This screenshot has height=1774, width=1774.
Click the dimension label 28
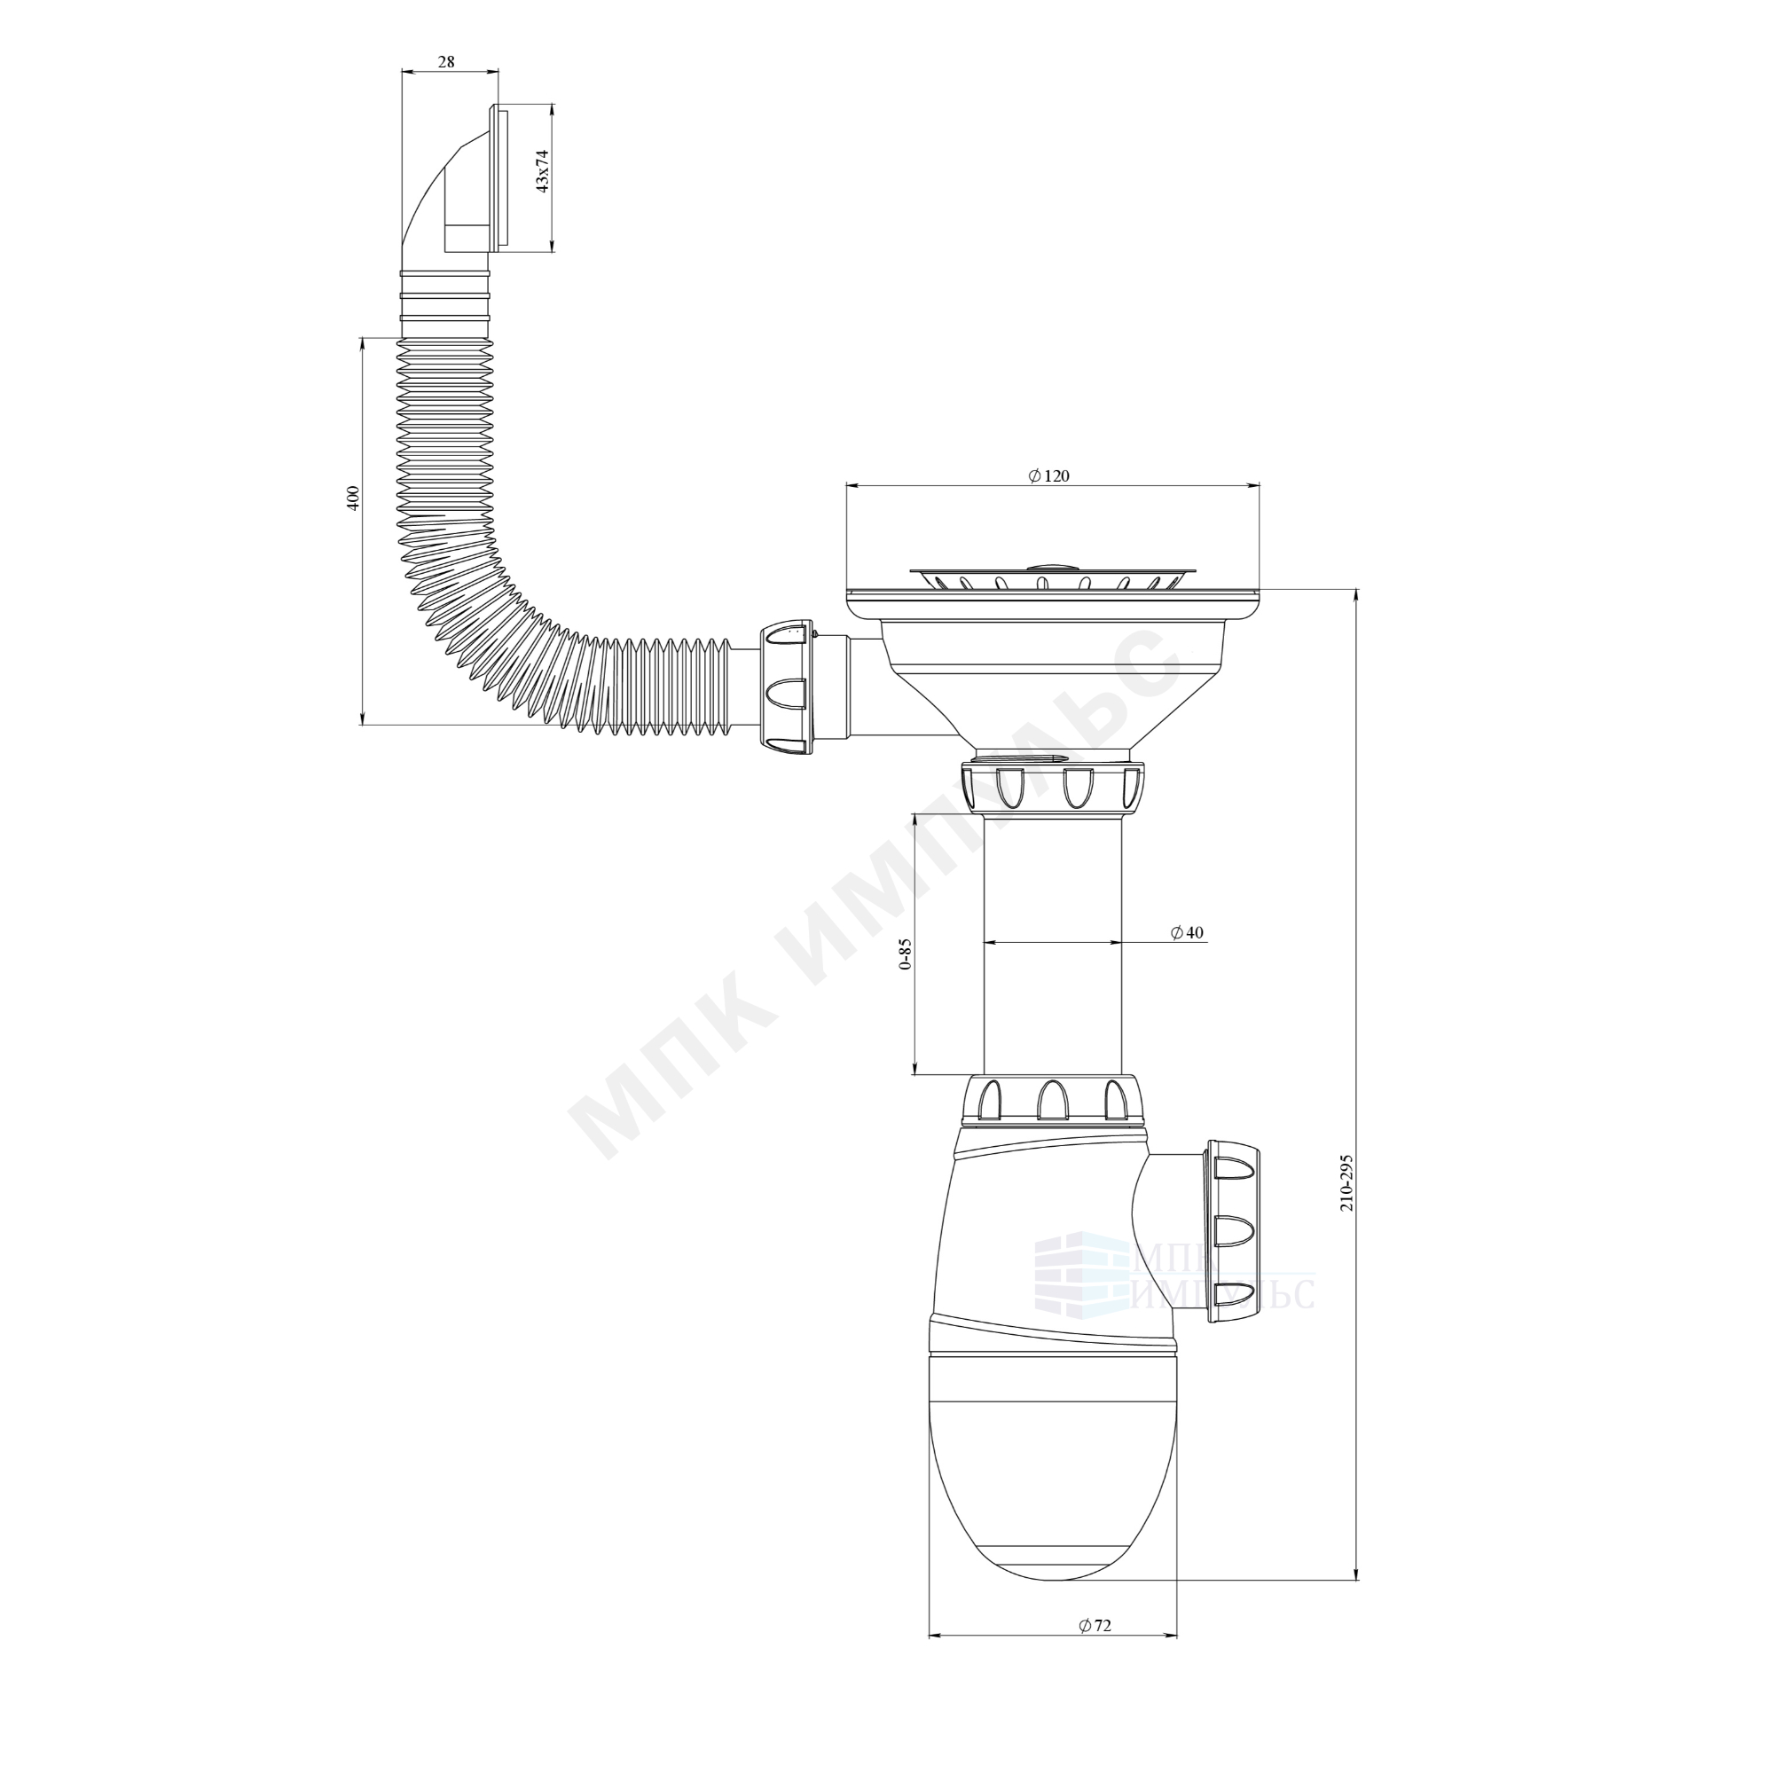pyautogui.click(x=446, y=62)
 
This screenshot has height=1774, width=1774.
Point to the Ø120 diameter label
pyautogui.click(x=1048, y=475)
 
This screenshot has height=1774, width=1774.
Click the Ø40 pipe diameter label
pyautogui.click(x=1188, y=932)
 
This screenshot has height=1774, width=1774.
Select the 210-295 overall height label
pyautogui.click(x=1346, y=1182)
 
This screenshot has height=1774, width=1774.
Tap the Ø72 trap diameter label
pyautogui.click(x=1095, y=1625)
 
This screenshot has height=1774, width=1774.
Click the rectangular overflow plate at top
pyautogui.click(x=500, y=178)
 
